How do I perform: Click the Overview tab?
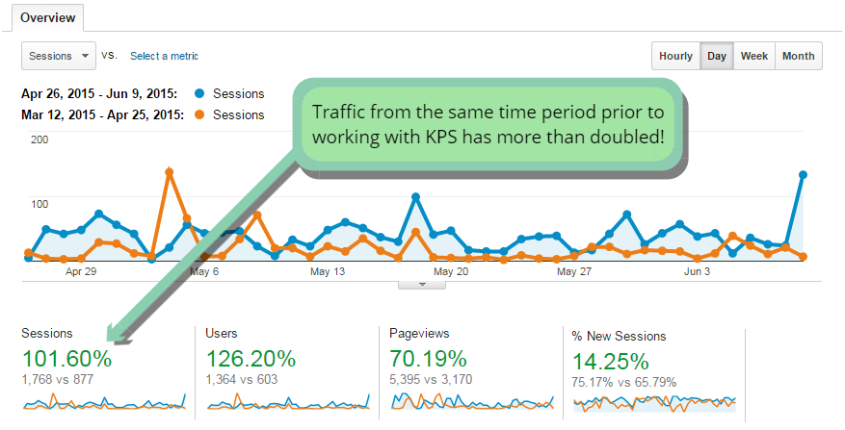point(48,17)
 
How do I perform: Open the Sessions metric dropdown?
point(59,56)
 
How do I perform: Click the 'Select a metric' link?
point(164,57)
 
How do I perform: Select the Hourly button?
point(675,56)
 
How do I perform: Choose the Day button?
point(717,56)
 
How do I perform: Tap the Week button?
point(753,56)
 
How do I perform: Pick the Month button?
point(798,56)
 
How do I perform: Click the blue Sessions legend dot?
point(198,94)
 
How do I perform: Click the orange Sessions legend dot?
point(198,114)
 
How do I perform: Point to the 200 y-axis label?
point(40,139)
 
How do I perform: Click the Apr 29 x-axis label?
point(81,272)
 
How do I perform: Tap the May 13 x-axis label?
point(328,272)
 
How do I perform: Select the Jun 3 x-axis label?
point(697,272)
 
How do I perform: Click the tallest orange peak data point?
point(169,172)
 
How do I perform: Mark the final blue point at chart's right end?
point(802,175)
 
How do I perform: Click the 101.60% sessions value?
point(66,360)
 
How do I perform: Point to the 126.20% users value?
point(251,360)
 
